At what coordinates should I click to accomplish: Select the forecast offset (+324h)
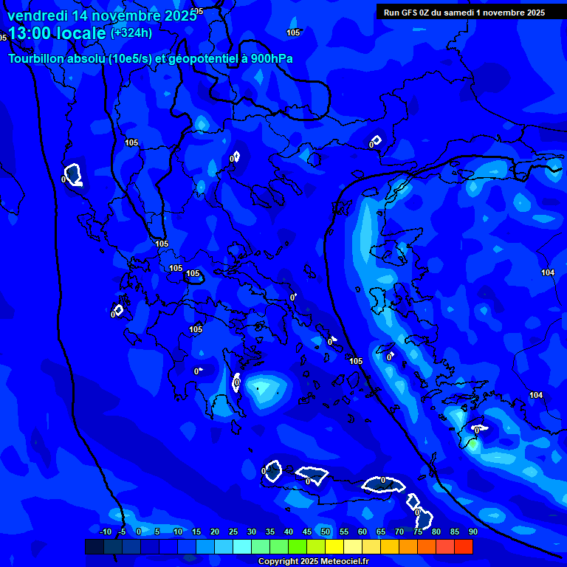131,32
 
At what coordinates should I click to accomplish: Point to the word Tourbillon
34,58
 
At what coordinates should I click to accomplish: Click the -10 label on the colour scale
105,532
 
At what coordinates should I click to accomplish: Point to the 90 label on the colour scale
472,532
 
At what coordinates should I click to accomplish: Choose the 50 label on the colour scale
326,532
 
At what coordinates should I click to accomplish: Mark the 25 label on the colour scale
233,532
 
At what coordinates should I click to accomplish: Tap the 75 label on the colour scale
418,532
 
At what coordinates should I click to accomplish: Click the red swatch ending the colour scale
463,546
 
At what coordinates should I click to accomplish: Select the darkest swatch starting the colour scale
94,546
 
